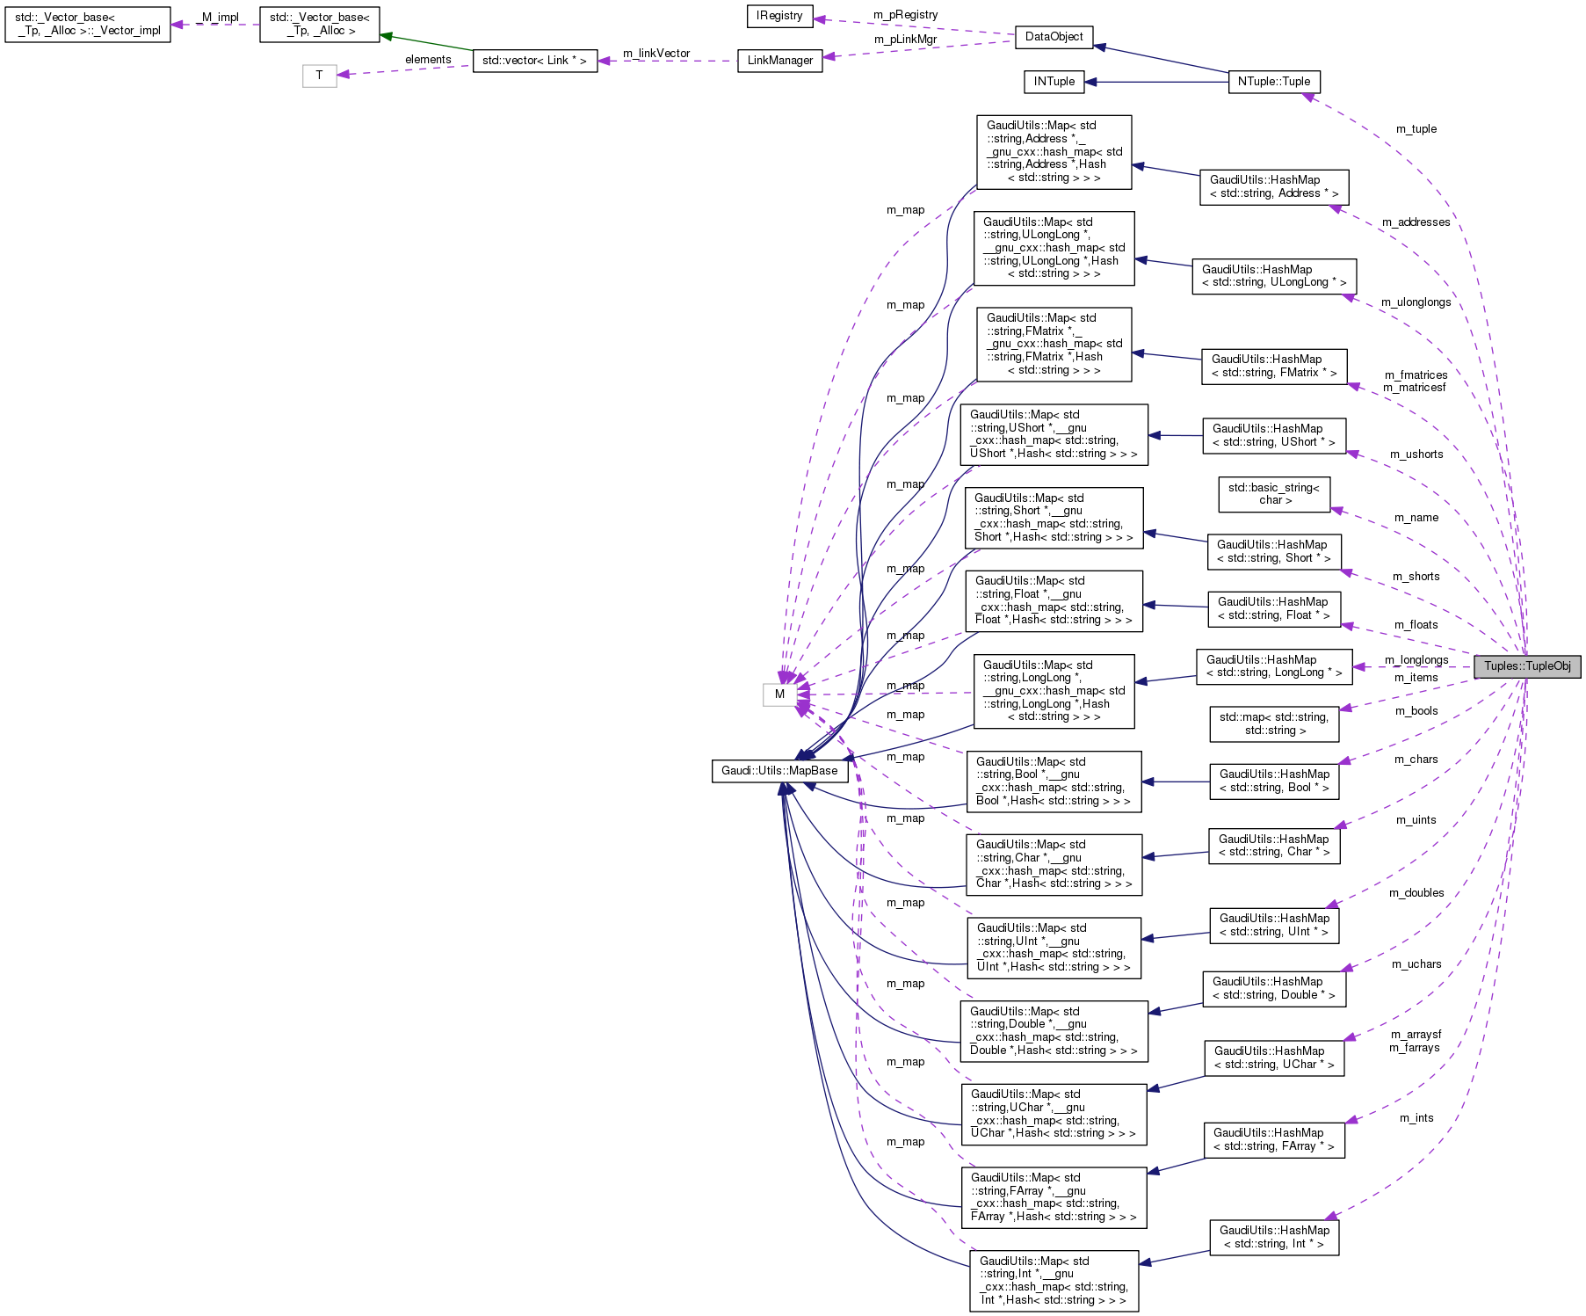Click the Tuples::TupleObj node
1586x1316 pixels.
point(1527,666)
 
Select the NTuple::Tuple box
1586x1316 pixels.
point(1273,82)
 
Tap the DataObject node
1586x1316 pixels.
point(1054,37)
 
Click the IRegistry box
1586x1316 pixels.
point(779,16)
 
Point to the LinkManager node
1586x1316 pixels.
point(779,61)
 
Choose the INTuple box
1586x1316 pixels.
point(1054,82)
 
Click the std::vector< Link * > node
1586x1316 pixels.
point(534,61)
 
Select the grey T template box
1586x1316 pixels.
point(319,76)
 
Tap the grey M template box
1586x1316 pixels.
point(779,694)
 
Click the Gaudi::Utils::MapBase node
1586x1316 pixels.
point(779,771)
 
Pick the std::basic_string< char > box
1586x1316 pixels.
point(1273,494)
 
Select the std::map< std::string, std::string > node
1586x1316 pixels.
point(1273,723)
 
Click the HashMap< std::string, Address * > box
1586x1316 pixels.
point(1273,187)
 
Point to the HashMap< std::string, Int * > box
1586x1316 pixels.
point(1273,1237)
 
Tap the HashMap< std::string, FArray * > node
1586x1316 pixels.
point(1273,1140)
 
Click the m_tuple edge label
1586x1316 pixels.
point(1416,129)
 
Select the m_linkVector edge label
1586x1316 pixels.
point(656,54)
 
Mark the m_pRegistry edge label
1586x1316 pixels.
point(905,15)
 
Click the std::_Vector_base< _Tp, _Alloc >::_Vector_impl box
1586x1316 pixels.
point(87,25)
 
